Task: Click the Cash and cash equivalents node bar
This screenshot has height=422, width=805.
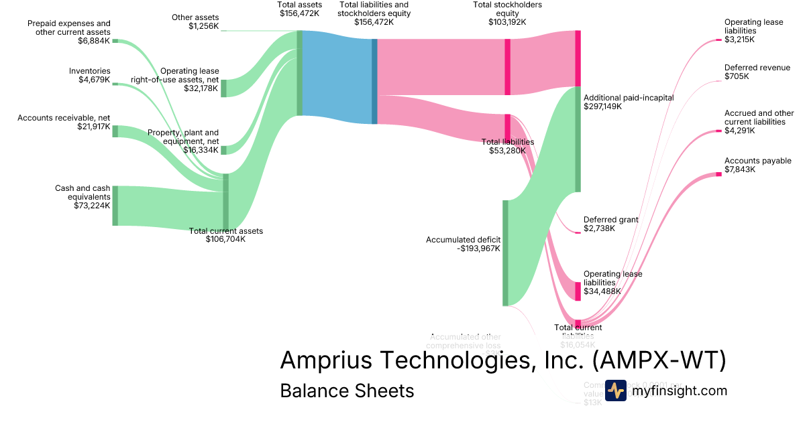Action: point(115,206)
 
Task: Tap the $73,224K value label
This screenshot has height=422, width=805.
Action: point(92,206)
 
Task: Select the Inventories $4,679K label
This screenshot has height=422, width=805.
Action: point(90,76)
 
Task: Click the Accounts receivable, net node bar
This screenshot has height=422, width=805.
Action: point(115,131)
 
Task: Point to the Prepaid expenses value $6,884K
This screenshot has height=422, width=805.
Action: point(94,40)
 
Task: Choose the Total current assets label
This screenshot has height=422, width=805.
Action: point(225,231)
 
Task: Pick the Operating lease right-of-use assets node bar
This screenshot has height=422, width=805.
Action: point(224,88)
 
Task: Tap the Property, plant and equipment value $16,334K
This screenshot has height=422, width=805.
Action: point(201,150)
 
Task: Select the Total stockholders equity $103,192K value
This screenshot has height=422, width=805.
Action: point(507,22)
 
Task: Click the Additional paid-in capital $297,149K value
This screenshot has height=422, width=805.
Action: point(602,107)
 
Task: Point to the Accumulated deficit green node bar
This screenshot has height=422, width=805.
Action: point(505,253)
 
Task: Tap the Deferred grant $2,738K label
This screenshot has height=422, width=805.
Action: point(610,224)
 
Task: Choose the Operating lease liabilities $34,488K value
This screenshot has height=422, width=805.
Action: point(602,291)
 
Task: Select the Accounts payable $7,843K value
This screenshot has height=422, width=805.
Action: point(740,169)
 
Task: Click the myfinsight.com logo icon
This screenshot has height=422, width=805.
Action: point(615,391)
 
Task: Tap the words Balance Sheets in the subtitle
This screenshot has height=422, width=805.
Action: point(347,391)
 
